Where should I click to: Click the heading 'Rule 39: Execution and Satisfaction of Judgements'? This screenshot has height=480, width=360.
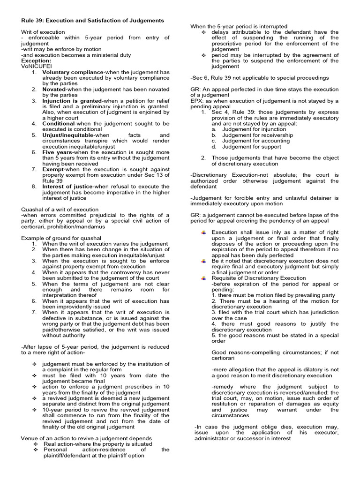coord(93,21)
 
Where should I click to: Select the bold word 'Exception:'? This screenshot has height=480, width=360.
coord(36,61)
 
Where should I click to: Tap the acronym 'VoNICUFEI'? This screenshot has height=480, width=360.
coord(36,67)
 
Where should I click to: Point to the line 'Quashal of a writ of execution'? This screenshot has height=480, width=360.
coord(60,210)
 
